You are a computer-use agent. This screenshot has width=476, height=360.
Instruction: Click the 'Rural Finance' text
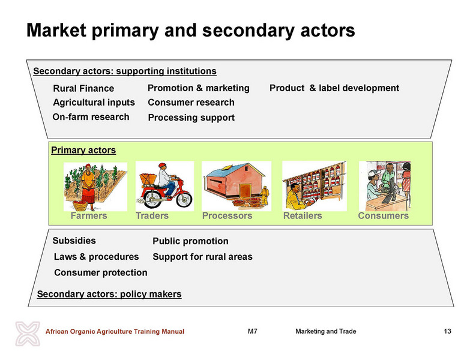pyautogui.click(x=83, y=88)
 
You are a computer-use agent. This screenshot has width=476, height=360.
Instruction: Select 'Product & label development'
pyautogui.click(x=334, y=88)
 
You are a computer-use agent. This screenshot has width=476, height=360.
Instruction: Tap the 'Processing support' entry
pyautogui.click(x=191, y=118)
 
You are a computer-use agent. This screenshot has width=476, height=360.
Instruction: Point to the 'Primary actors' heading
pyautogui.click(x=83, y=150)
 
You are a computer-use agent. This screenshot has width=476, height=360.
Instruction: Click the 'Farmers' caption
pyautogui.click(x=89, y=215)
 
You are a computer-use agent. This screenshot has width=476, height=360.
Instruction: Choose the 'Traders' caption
pyautogui.click(x=152, y=215)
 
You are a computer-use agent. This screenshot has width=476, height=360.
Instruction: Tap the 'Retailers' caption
pyautogui.click(x=303, y=215)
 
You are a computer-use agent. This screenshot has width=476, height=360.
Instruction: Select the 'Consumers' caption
pyautogui.click(x=383, y=215)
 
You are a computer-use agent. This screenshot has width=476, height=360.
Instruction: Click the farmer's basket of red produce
pyautogui.click(x=80, y=205)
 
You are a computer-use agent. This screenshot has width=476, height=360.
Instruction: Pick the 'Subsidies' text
pyautogui.click(x=74, y=241)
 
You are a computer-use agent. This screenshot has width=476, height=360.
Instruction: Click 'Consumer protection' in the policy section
pyautogui.click(x=101, y=272)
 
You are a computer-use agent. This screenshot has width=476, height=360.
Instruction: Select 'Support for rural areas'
pyautogui.click(x=202, y=257)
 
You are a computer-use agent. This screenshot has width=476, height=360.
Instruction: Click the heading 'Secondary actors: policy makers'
pyautogui.click(x=109, y=294)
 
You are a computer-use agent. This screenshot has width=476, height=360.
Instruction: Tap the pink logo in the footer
pyautogui.click(x=28, y=334)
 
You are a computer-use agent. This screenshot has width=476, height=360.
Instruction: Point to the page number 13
pyautogui.click(x=447, y=331)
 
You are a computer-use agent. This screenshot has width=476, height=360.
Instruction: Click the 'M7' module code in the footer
pyautogui.click(x=253, y=331)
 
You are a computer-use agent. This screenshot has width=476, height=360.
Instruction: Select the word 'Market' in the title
pyautogui.click(x=56, y=30)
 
